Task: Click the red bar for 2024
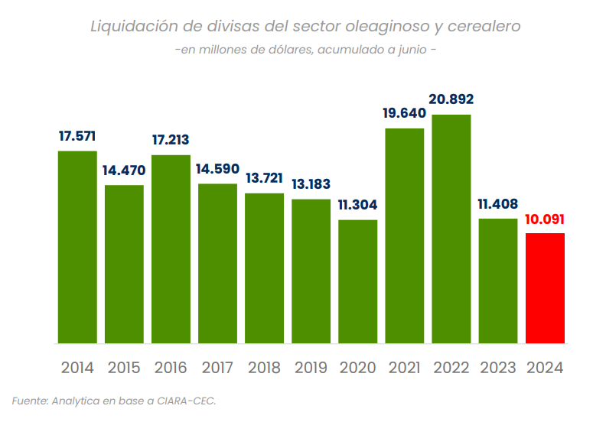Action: [x=545, y=288]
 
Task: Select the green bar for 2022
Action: [x=451, y=229]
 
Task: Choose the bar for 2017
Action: [x=217, y=263]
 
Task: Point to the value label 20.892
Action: [x=451, y=99]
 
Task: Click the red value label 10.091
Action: [x=545, y=220]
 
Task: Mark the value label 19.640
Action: [x=405, y=113]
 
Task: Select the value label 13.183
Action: [x=311, y=184]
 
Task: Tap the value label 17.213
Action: [x=171, y=140]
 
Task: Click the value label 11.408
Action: [x=498, y=204]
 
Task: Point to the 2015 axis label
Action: [x=124, y=368]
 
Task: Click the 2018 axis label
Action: [x=264, y=368]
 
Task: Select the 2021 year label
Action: [x=405, y=368]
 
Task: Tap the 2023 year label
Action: [x=498, y=368]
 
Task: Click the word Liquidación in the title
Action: [x=133, y=27]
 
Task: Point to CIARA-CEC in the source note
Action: [x=185, y=400]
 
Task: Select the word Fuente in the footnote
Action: [x=29, y=400]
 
